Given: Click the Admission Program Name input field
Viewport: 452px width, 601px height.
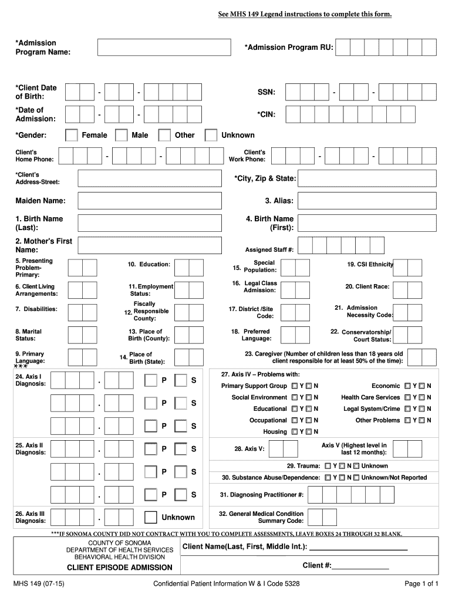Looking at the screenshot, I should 164,48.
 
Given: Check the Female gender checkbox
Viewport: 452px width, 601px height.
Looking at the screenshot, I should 71,136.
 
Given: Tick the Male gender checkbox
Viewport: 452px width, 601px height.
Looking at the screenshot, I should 122,136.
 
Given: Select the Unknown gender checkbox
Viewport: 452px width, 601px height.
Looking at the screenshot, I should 211,136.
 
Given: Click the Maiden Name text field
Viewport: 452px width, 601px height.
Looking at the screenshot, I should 150,201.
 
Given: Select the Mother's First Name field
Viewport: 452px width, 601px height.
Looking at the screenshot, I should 150,245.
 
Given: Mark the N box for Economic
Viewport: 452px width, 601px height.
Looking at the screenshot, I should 421,386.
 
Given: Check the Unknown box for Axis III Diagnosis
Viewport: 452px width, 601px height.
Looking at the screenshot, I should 151,517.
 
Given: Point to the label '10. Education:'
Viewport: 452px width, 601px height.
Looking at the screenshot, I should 149,265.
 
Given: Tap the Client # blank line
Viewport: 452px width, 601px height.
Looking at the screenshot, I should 360,566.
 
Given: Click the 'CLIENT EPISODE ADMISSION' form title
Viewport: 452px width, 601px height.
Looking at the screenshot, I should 119,568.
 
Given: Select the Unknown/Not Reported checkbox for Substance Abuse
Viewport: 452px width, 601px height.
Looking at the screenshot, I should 356,478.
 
